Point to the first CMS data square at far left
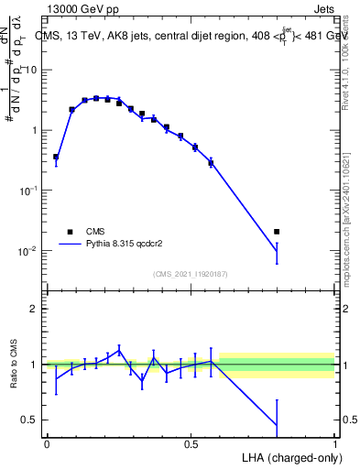click(56, 157)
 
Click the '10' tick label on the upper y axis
click(31, 71)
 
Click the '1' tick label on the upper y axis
click(34, 130)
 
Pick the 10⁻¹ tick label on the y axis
click(27, 190)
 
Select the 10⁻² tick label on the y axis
click(27, 250)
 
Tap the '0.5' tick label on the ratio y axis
click(29, 420)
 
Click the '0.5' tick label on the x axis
click(191, 444)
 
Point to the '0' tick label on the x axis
click(46, 444)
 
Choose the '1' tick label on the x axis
click(334, 444)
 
